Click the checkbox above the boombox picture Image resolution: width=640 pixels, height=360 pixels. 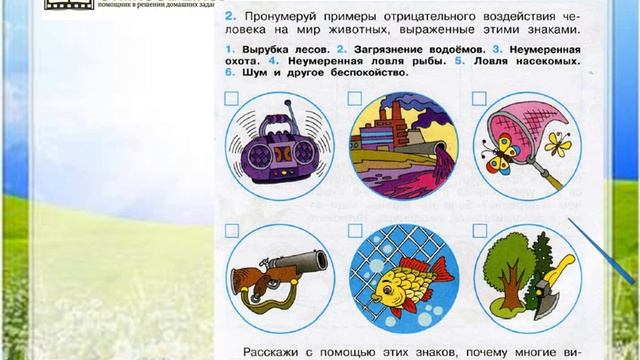(x=232, y=98)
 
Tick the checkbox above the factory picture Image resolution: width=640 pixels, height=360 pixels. (x=355, y=98)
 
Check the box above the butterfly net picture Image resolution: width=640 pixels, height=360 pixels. (x=479, y=98)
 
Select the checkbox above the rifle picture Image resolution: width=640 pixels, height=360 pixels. (x=232, y=230)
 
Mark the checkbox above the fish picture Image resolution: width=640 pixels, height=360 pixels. (x=355, y=230)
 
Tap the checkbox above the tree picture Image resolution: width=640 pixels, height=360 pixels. (x=479, y=230)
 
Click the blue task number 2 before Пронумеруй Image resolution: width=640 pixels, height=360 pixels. (x=231, y=18)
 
